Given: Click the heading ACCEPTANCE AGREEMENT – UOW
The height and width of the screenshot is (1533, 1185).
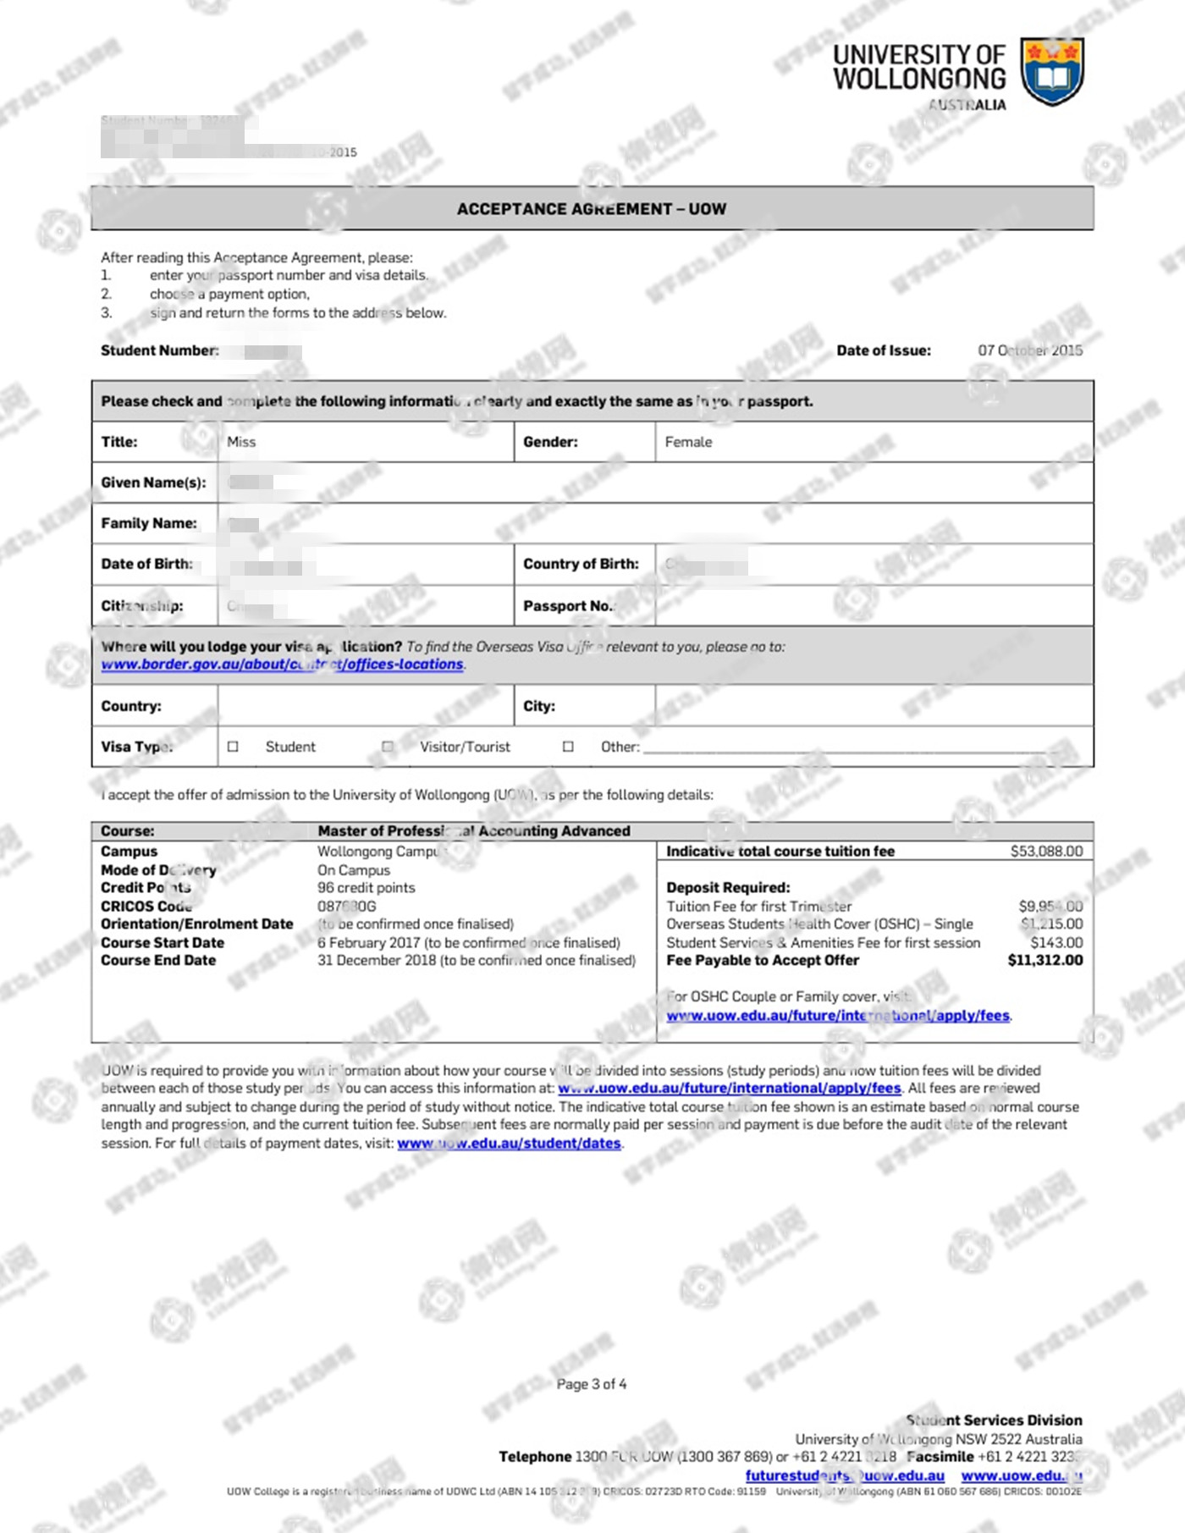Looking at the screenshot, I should (x=592, y=209).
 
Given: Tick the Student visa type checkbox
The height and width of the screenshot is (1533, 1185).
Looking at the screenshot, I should (x=233, y=747).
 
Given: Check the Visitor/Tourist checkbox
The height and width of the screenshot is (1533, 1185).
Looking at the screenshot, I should (x=388, y=747).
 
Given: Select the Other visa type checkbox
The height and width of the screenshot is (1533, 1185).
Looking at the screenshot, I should (x=568, y=747).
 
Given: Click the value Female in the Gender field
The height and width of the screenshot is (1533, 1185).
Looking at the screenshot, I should (x=688, y=442).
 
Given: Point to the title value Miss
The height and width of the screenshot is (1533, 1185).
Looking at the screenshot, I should (x=241, y=442).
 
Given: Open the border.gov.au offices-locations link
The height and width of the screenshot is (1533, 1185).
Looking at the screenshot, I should (x=282, y=664).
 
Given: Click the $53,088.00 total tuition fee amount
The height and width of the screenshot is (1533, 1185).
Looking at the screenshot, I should (x=1046, y=852).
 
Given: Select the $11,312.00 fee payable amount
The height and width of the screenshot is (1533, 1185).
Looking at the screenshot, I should (x=1044, y=960).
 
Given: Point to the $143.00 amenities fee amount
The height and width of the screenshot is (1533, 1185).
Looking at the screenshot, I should (x=1056, y=942).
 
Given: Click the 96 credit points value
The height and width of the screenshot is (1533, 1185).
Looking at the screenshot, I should (x=366, y=887).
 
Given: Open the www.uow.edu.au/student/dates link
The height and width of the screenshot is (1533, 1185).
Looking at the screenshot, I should (x=509, y=1144).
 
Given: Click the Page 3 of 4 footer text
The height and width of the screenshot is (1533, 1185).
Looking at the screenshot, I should (x=592, y=1384).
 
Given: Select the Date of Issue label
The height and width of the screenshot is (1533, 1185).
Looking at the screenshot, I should (x=883, y=350).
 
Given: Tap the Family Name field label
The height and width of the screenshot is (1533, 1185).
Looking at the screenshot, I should (x=149, y=523).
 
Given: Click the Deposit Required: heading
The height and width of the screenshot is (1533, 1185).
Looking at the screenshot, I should (x=728, y=887).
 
